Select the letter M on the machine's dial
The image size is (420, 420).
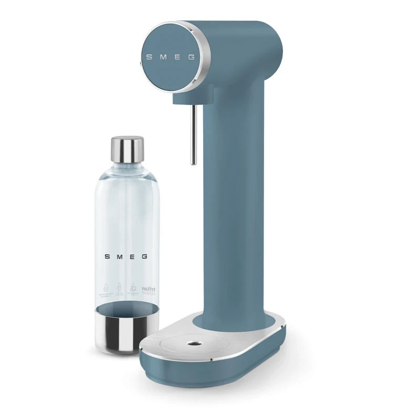pyautogui.click(x=163, y=56)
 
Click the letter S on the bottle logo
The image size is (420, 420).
pyautogui.click(x=107, y=257)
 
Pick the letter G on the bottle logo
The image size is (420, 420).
pyautogui.click(x=144, y=257)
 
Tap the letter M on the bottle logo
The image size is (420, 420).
pyautogui.click(x=119, y=257)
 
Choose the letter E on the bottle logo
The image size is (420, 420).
pyautogui.click(x=132, y=257)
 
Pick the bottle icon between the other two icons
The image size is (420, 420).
pyautogui.click(x=120, y=288)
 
